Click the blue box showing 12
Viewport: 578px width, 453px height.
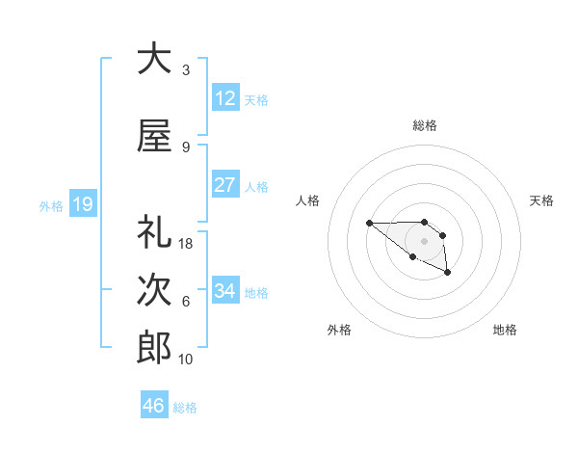(225, 98)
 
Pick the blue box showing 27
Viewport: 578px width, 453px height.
(225, 185)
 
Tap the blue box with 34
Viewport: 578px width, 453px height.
(225, 291)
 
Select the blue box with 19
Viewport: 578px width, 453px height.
(83, 203)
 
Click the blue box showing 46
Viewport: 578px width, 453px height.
(154, 406)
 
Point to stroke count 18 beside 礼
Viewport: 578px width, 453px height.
(186, 244)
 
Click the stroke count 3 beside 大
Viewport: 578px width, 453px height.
(186, 69)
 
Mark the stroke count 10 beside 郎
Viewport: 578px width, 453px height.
(186, 360)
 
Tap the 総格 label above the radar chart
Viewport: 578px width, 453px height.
(424, 125)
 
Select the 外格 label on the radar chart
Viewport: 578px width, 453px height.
(339, 331)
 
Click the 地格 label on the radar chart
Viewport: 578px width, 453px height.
(505, 331)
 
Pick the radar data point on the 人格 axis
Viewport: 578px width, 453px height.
(369, 224)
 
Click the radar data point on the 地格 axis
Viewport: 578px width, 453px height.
(448, 274)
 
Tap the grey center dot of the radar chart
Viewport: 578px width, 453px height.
(424, 240)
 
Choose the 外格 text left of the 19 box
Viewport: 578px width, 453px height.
(50, 205)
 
